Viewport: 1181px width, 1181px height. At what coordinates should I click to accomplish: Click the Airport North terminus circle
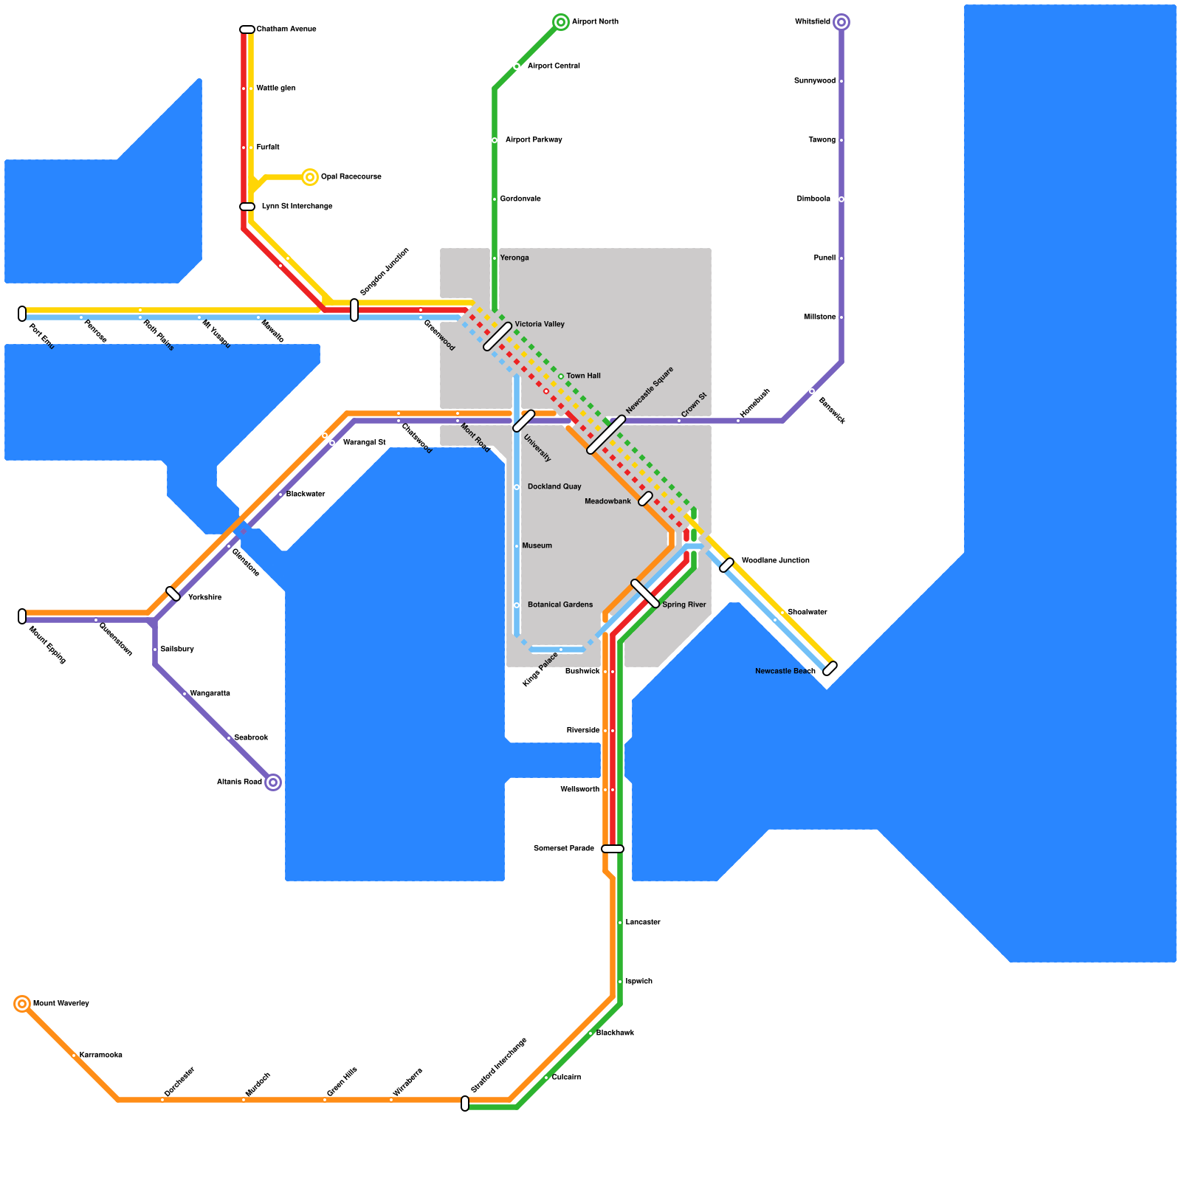point(561,22)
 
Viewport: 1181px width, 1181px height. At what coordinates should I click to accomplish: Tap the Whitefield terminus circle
point(841,22)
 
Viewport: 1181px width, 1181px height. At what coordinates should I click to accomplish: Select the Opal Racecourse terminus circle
point(310,177)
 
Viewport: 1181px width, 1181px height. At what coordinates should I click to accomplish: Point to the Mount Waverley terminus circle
point(22,1004)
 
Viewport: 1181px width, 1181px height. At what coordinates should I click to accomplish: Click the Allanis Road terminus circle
point(273,782)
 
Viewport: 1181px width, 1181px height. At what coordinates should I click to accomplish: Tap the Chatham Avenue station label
point(286,30)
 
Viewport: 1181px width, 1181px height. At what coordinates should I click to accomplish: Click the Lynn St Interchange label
point(297,207)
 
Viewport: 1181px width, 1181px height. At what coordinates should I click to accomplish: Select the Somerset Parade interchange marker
point(613,849)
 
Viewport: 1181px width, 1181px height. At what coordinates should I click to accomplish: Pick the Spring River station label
point(684,605)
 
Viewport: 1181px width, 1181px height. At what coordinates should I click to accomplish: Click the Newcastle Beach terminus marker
point(830,669)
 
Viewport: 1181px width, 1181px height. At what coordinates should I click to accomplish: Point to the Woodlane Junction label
point(775,561)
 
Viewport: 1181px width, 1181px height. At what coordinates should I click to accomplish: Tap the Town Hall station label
point(583,376)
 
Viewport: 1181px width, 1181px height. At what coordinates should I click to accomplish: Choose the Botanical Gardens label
point(559,605)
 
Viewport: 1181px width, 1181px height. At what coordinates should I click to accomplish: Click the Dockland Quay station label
point(554,487)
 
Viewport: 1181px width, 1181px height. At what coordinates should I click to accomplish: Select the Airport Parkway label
point(534,140)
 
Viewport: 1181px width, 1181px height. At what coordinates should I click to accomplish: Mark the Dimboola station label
point(813,199)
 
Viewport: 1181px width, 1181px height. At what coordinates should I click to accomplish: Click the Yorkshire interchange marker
point(173,593)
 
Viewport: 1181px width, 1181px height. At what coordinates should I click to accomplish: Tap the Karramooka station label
point(100,1056)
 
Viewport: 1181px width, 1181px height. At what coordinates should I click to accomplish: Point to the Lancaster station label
point(642,923)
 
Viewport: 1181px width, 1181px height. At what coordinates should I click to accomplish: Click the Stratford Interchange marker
point(465,1103)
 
